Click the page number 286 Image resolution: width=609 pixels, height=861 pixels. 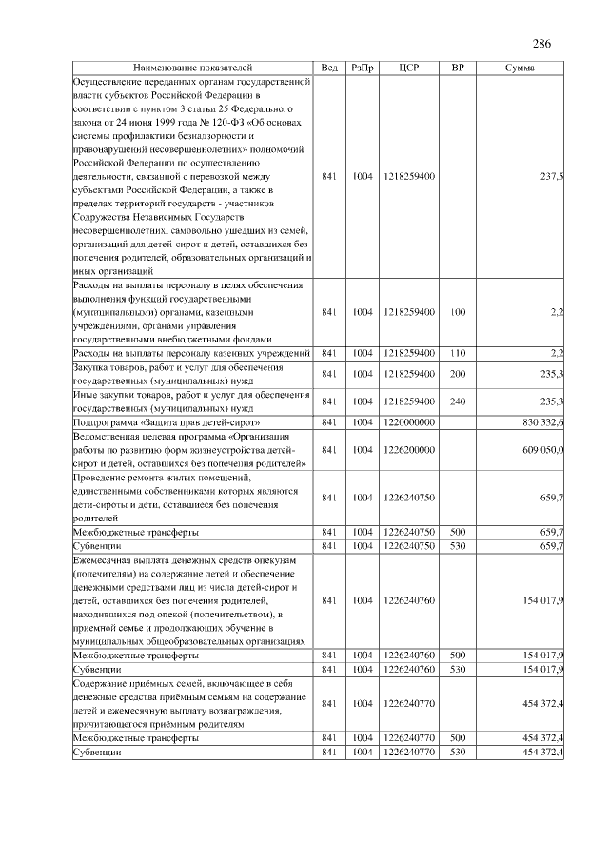[x=541, y=44]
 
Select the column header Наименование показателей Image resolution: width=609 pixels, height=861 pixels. [x=193, y=68]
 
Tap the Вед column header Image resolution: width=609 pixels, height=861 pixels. [x=329, y=68]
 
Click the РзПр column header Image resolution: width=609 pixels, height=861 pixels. [x=363, y=68]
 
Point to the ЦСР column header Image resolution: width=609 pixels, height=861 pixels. [x=410, y=68]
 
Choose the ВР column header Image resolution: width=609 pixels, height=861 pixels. [x=458, y=68]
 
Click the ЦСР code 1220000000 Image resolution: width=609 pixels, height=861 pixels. [x=410, y=421]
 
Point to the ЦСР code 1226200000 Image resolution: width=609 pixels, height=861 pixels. [x=410, y=449]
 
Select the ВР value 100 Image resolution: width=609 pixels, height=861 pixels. [x=458, y=312]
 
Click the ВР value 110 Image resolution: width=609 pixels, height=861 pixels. [x=458, y=353]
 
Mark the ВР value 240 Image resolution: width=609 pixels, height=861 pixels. [x=458, y=401]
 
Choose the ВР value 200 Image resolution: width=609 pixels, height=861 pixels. [x=458, y=374]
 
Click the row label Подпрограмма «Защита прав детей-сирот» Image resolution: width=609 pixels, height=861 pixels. [x=167, y=421]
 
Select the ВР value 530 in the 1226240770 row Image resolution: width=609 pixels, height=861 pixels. [x=458, y=752]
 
